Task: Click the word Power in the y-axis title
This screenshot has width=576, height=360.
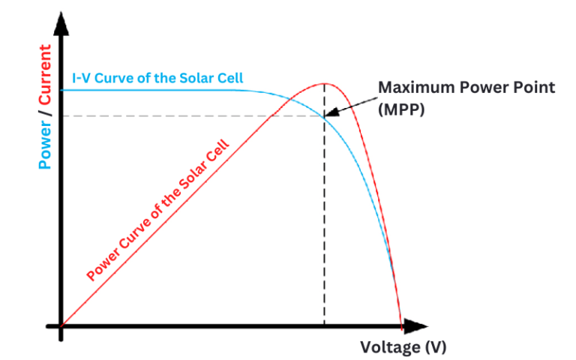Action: [46, 142]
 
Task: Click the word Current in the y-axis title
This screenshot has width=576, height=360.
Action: [46, 74]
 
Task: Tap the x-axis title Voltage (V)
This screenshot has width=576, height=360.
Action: [403, 347]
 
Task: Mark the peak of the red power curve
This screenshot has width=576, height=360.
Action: [324, 83]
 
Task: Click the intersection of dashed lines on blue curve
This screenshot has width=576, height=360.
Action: [324, 115]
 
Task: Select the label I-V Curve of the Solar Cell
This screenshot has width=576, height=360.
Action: [157, 78]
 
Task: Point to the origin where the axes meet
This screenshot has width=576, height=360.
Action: [61, 326]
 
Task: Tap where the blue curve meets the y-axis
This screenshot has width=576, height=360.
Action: [61, 90]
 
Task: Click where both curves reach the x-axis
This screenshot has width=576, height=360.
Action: [401, 325]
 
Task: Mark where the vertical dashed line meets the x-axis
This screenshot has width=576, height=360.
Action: [324, 326]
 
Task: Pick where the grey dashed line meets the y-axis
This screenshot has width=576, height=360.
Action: [61, 115]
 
